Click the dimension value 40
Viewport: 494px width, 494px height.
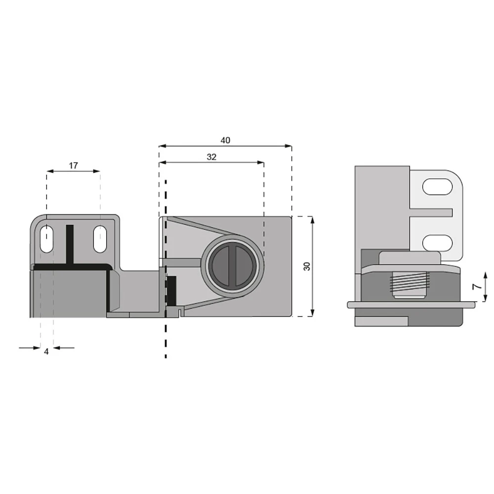click(x=225, y=140)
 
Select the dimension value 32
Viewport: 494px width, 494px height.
click(x=211, y=157)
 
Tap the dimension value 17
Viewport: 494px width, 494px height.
click(x=73, y=165)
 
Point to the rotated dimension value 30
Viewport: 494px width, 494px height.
click(x=307, y=266)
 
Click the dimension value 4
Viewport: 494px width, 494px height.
click(x=46, y=351)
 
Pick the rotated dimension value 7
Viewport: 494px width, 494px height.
click(x=478, y=287)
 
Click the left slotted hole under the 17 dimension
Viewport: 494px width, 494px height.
click(x=47, y=239)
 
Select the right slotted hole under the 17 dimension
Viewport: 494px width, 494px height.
click(x=100, y=239)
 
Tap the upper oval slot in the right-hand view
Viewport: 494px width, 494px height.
click(x=437, y=187)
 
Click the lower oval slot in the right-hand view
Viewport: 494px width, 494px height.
click(x=437, y=243)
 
